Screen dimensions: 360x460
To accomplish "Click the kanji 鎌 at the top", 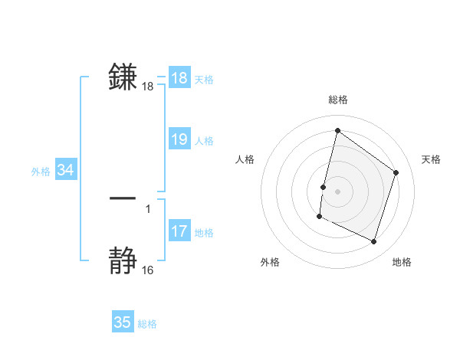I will [123, 77].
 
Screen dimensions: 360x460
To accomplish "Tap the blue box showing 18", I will [179, 78].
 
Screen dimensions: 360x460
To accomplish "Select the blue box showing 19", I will [179, 139].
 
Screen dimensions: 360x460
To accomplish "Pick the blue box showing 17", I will [179, 231].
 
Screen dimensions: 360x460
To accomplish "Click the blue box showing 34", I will [66, 171].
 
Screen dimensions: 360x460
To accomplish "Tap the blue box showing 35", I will [123, 322].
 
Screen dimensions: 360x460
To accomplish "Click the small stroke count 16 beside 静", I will [147, 270].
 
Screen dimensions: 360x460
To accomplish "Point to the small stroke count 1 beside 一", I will [148, 208].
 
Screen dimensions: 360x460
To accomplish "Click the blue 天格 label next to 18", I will [204, 80].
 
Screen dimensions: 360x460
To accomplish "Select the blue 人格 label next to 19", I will [204, 141].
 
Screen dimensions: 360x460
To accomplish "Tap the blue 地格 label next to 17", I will [204, 233].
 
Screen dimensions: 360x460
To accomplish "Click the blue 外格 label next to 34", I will [41, 172].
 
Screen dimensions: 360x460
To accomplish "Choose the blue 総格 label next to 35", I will [147, 324].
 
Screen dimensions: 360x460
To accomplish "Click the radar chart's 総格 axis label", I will [337, 100].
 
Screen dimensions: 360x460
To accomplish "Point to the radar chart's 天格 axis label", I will [431, 159].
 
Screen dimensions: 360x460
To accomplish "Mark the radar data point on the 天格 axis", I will [396, 172].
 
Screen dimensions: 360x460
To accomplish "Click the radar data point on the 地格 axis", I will [374, 242].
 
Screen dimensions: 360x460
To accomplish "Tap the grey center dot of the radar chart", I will [337, 191].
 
